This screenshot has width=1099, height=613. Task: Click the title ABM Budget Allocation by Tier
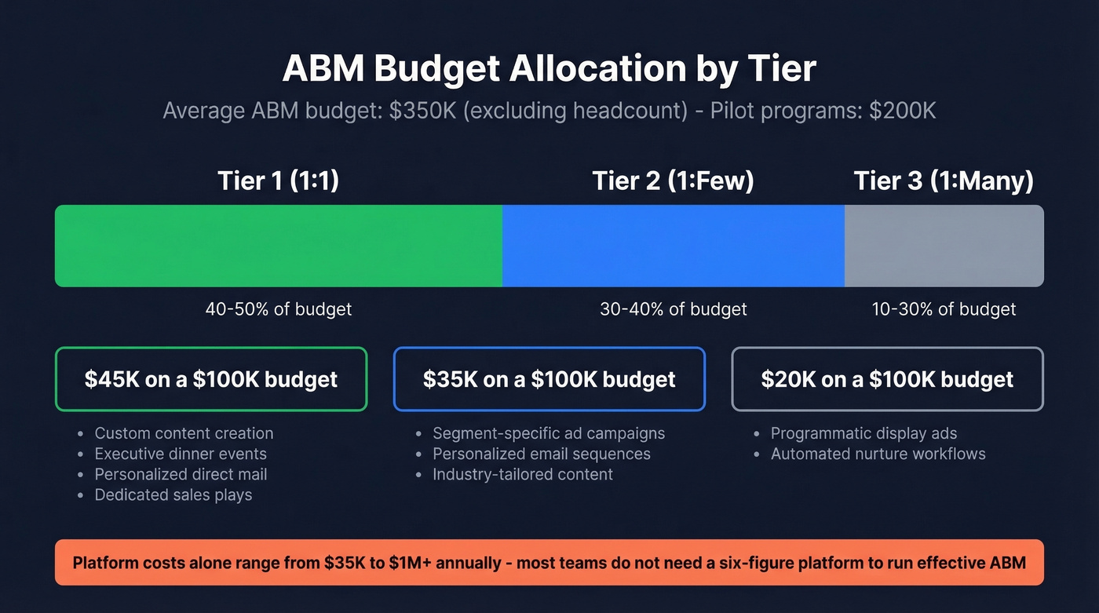pyautogui.click(x=549, y=69)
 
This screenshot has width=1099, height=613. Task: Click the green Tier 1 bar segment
pyautogui.click(x=278, y=246)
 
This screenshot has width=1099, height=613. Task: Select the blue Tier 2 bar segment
pyautogui.click(x=673, y=246)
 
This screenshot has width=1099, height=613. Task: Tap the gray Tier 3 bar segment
pyautogui.click(x=944, y=246)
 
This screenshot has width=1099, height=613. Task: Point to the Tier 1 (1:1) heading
pyautogui.click(x=278, y=181)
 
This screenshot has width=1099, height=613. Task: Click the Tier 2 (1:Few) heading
pyautogui.click(x=673, y=181)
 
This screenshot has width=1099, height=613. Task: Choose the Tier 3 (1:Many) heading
pyautogui.click(x=944, y=181)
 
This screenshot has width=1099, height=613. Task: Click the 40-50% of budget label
pyautogui.click(x=278, y=309)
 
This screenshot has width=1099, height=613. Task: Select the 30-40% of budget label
pyautogui.click(x=673, y=309)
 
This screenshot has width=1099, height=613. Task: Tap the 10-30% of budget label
pyautogui.click(x=944, y=309)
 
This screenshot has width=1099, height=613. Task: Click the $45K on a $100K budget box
pyautogui.click(x=211, y=379)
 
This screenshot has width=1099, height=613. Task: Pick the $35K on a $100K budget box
pyautogui.click(x=549, y=379)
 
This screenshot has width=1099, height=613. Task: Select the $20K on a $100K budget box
pyautogui.click(x=887, y=379)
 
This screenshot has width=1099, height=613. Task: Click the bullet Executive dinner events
pyautogui.click(x=181, y=454)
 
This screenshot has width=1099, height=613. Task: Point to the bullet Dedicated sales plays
pyautogui.click(x=173, y=494)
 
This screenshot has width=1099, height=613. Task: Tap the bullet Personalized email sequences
pyautogui.click(x=541, y=454)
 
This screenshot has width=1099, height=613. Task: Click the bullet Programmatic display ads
pyautogui.click(x=863, y=433)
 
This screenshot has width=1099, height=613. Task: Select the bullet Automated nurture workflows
pyautogui.click(x=878, y=454)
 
